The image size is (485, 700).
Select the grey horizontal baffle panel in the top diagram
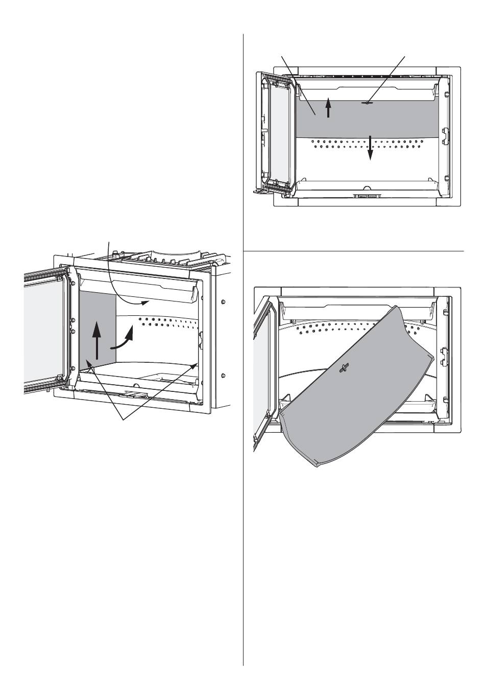[x=388, y=120]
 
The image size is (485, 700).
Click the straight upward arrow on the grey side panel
[x=96, y=340]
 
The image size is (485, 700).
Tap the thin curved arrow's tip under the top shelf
[x=149, y=301]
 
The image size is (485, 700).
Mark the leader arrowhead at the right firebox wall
[x=196, y=364]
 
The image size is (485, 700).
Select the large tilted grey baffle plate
[x=352, y=393]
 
